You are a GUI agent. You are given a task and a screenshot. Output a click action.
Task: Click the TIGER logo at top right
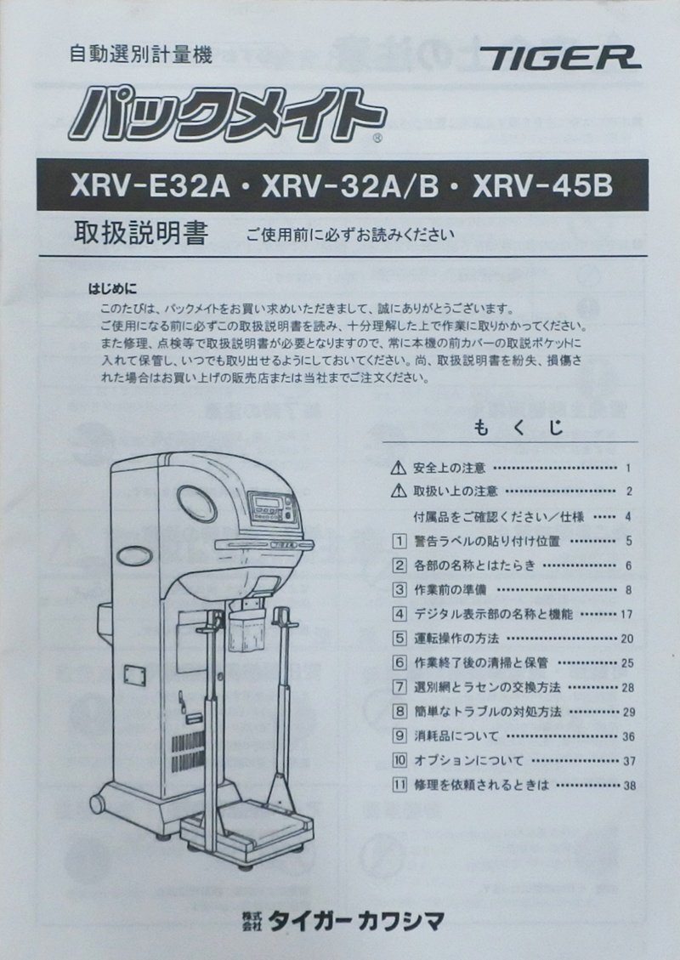coord(560,58)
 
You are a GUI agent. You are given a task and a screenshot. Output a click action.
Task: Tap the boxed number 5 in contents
coord(399,637)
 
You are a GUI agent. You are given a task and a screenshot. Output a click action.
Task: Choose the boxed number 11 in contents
coord(399,784)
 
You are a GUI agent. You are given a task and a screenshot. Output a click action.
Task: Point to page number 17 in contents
coord(628,613)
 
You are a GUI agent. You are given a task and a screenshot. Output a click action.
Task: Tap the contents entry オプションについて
coord(468,760)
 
